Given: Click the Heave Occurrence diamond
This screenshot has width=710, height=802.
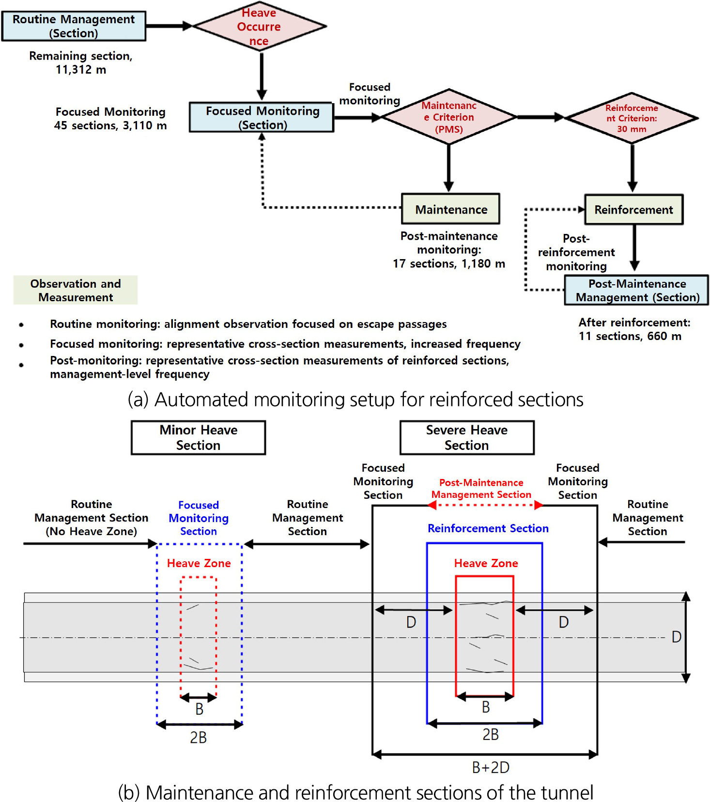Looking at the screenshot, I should (259, 27).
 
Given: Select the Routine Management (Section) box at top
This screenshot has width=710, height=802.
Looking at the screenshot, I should (74, 26).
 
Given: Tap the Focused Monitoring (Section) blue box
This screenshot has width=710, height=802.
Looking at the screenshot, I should (262, 118).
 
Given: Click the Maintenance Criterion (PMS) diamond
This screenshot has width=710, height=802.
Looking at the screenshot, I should (448, 117).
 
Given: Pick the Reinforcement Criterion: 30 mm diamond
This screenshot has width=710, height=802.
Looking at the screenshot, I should (632, 118).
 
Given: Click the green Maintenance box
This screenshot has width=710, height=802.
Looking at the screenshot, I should (450, 209).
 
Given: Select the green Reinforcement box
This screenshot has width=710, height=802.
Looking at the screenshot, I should (633, 210).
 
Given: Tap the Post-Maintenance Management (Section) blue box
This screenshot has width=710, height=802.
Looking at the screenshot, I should (637, 290).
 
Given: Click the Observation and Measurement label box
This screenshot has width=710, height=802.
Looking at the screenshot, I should (76, 290).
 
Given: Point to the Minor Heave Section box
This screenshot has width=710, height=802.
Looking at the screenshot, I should (198, 438).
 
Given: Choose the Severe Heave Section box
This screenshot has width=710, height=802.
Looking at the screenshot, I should (466, 438).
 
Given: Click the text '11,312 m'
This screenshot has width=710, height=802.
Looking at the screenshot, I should (81, 70).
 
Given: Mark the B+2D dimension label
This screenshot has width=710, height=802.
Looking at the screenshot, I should (490, 768).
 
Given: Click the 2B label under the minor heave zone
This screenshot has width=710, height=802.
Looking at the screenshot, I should (198, 738).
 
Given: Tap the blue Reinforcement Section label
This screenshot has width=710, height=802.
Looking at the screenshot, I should (488, 528).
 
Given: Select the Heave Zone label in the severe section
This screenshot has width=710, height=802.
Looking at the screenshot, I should (486, 563).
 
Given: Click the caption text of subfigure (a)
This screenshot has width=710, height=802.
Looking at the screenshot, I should (355, 400).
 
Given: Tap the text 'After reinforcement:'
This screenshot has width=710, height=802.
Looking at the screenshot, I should (634, 323).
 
